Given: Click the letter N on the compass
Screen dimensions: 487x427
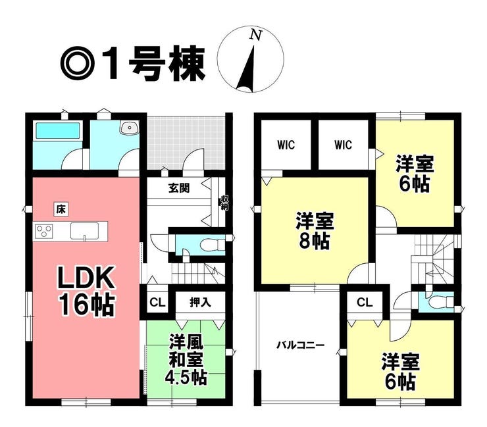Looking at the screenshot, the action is pyautogui.click(x=256, y=35).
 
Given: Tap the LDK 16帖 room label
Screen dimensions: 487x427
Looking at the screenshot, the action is pyautogui.click(x=86, y=291).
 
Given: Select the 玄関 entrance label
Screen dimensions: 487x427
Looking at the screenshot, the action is pyautogui.click(x=179, y=188).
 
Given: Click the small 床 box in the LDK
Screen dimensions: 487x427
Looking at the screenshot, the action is pyautogui.click(x=61, y=210).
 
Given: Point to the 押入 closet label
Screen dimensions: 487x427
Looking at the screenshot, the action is pyautogui.click(x=200, y=302).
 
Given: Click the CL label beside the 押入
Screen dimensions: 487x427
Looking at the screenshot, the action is pyautogui.click(x=157, y=302).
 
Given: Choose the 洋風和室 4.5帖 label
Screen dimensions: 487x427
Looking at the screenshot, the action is pyautogui.click(x=186, y=360).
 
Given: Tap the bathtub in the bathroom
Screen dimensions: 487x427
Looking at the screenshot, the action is pyautogui.click(x=58, y=131).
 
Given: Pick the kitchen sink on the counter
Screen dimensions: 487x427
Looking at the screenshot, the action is pyautogui.click(x=84, y=232).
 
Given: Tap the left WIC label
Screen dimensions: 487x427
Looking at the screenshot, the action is pyautogui.click(x=286, y=145).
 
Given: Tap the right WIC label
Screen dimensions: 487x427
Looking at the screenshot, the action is pyautogui.click(x=343, y=145).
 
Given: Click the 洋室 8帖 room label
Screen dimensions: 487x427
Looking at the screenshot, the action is pyautogui.click(x=315, y=230).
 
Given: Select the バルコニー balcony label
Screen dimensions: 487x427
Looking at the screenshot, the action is pyautogui.click(x=301, y=345).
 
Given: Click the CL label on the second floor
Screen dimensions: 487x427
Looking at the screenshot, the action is pyautogui.click(x=365, y=302).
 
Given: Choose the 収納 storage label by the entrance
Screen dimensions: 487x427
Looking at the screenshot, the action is pyautogui.click(x=224, y=203).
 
